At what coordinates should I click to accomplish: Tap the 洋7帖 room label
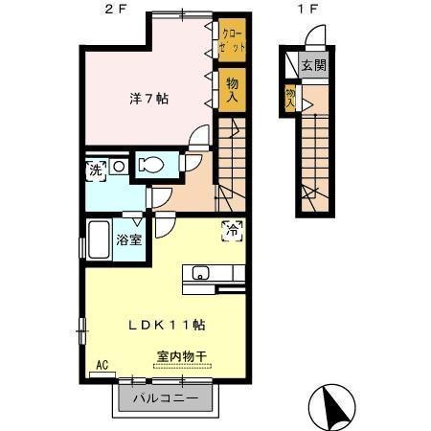click(x=149, y=99)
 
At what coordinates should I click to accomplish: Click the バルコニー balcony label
click(x=165, y=397)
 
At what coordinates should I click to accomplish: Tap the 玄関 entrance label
click(x=312, y=66)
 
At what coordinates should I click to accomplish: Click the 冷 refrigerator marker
click(x=232, y=229)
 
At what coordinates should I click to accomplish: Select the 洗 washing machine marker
click(x=96, y=170)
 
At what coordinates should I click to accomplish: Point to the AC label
click(x=100, y=366)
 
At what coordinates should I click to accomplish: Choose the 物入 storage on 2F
click(x=232, y=89)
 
